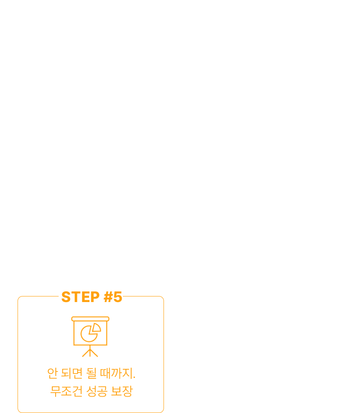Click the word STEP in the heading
click(80, 297)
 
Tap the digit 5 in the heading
click(118, 297)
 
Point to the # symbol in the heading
click(108, 297)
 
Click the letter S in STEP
click(66, 297)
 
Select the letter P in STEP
click(95, 297)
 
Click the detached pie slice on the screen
click(96, 328)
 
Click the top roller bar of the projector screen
click(90, 319)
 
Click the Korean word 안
click(52, 374)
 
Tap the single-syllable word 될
click(91, 374)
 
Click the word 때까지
click(116, 374)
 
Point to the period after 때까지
click(134, 378)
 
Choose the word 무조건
click(66, 391)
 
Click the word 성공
click(97, 391)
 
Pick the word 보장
click(122, 391)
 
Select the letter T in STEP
click(76, 297)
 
